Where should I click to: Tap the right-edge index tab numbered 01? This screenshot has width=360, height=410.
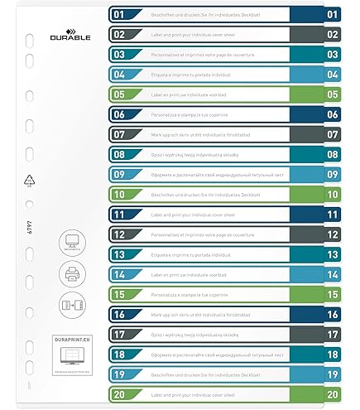click(333, 14)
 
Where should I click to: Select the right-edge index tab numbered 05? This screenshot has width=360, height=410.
click(333, 94)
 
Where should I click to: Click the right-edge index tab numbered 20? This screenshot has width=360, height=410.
click(333, 395)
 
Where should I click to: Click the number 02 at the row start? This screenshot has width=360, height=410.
click(119, 35)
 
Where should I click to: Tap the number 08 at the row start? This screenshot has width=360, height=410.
click(119, 155)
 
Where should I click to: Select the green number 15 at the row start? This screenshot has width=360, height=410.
click(119, 295)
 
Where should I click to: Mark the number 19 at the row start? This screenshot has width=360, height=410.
click(119, 375)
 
